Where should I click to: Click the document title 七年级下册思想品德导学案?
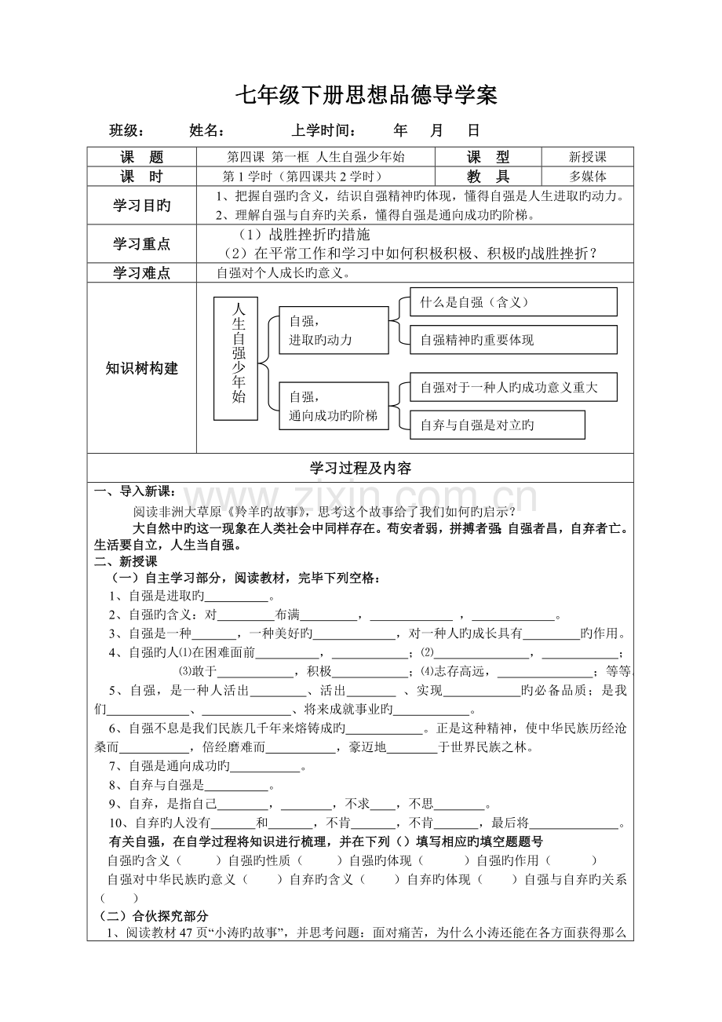(x=367, y=96)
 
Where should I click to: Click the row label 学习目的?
(x=142, y=206)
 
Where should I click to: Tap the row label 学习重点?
(x=142, y=244)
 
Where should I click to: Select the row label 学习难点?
(x=142, y=273)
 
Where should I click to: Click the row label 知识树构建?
(x=142, y=368)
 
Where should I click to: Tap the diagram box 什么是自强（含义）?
(x=513, y=301)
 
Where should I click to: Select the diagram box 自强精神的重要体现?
(x=513, y=340)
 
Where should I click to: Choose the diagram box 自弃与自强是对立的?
(x=498, y=425)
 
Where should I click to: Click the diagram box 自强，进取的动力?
(x=334, y=330)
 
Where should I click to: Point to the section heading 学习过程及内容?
(x=361, y=469)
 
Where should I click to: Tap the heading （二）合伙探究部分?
(x=154, y=916)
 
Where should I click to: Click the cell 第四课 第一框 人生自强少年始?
(x=315, y=157)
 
